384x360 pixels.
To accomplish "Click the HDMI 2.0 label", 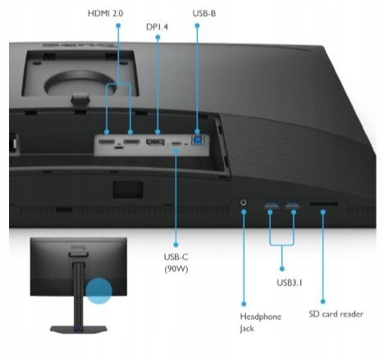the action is click(x=105, y=13).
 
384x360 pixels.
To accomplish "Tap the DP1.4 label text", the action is click(x=157, y=27).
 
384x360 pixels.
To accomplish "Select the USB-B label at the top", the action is click(x=204, y=13).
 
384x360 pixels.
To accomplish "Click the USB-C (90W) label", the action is click(x=176, y=263).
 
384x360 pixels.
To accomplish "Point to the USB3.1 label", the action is click(x=290, y=282).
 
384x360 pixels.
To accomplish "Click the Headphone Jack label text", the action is click(x=260, y=322).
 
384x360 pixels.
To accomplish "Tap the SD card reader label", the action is click(x=336, y=314).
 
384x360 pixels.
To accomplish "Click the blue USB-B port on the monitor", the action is click(x=198, y=139).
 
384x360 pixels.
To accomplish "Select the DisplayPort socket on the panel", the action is click(x=155, y=142).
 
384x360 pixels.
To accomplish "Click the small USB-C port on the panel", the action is click(x=176, y=144).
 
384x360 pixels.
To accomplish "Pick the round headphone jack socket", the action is click(x=244, y=203).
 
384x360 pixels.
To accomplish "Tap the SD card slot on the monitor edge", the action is click(x=323, y=204).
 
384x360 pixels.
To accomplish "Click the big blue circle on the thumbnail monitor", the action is click(x=98, y=291).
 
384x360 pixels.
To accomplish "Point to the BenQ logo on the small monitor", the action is click(x=78, y=248).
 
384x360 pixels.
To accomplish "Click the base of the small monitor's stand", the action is click(x=79, y=330).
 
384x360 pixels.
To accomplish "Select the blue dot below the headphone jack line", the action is click(x=244, y=303).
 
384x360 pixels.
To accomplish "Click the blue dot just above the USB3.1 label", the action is click(x=282, y=269).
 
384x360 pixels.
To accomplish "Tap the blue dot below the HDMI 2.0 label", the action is click(x=118, y=25).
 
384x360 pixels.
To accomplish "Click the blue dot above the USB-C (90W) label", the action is click(x=176, y=244).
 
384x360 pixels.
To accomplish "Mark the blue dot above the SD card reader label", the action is click(x=322, y=301).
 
